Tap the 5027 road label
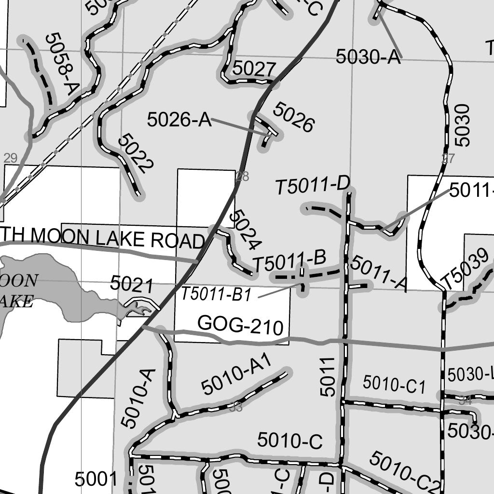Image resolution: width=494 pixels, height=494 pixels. click(x=254, y=69)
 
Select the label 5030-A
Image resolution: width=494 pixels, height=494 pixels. click(x=369, y=57)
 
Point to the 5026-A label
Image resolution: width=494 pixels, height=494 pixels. click(x=179, y=120)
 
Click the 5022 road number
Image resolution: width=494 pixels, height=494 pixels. click(x=136, y=154)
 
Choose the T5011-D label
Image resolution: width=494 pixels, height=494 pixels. click(x=312, y=186)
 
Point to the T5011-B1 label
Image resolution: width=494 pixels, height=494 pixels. click(x=217, y=294)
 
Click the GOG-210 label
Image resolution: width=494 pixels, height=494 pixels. click(x=240, y=326)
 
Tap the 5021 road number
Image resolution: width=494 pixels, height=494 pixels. click(x=132, y=284)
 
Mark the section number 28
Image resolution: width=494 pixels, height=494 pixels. click(x=243, y=177)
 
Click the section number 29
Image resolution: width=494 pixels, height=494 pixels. click(x=10, y=158)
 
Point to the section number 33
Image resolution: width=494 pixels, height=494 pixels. click(x=235, y=408)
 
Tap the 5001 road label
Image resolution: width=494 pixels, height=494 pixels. click(x=96, y=479)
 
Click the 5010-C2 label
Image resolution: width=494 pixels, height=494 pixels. click(x=405, y=470)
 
